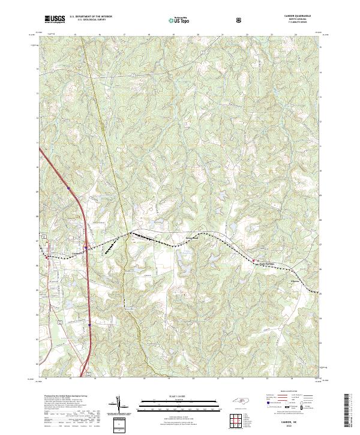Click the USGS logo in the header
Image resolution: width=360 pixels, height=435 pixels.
(x=55, y=19)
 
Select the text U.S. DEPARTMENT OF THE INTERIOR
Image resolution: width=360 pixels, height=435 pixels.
(x=91, y=17)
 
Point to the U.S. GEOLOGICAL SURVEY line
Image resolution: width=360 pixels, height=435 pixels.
(x=91, y=21)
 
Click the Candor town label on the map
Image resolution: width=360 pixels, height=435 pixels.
(x=76, y=253)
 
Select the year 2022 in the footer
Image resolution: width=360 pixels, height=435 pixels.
(x=296, y=425)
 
